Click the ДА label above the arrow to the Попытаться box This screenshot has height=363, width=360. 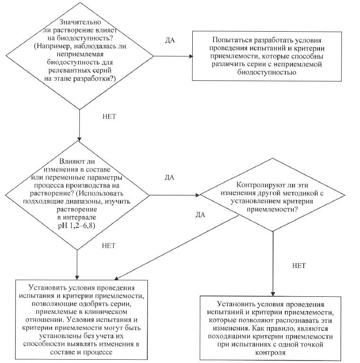(171, 40)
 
